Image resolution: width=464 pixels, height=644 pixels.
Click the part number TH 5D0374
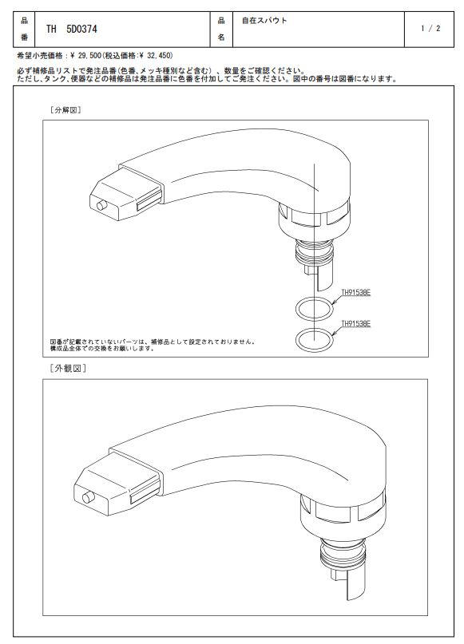(x=72, y=30)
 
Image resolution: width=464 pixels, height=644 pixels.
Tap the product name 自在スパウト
(x=264, y=21)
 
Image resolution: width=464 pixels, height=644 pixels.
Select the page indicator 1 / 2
(x=430, y=29)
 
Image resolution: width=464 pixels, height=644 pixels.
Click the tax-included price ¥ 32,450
(x=156, y=55)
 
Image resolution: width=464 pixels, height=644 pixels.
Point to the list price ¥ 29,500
(x=86, y=55)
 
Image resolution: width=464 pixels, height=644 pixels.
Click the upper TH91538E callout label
(x=356, y=292)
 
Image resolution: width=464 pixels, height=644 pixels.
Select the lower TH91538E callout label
(x=356, y=324)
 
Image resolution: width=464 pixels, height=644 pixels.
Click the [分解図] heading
(x=65, y=110)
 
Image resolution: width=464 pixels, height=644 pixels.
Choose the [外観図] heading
(x=68, y=368)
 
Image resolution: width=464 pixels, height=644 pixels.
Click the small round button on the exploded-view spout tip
(x=101, y=205)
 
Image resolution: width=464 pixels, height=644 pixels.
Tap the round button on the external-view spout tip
(x=88, y=498)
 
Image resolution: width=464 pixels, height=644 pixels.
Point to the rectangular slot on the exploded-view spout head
(x=149, y=200)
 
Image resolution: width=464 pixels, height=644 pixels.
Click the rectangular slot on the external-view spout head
(x=145, y=493)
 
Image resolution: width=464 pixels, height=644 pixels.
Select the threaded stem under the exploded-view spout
(x=312, y=252)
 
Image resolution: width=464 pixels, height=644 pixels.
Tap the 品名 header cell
(x=221, y=30)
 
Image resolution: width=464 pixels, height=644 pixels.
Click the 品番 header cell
(x=24, y=30)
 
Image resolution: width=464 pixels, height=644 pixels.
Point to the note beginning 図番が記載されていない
(x=153, y=345)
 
